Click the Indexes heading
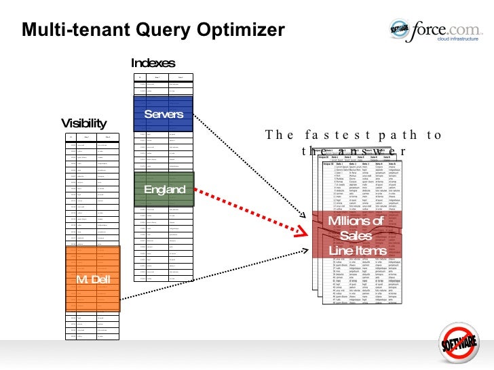153,63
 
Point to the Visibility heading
84,123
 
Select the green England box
164,189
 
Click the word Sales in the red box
356,235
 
